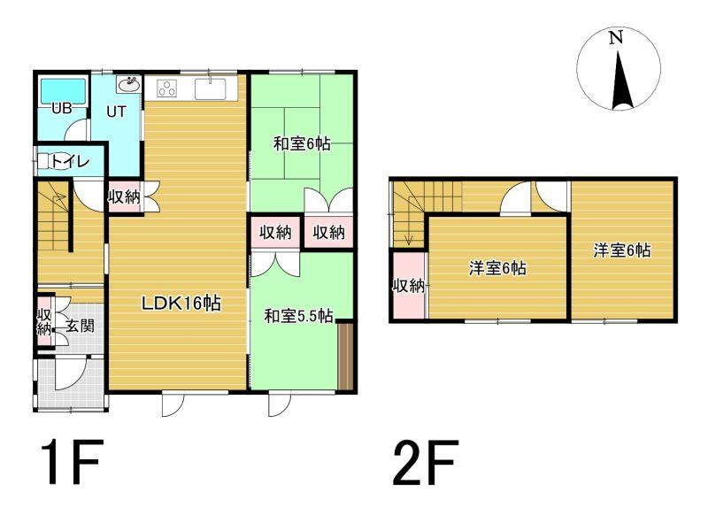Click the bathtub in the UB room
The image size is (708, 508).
(x=64, y=92)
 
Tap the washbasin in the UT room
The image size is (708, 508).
(x=130, y=83)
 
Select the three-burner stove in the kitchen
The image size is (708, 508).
(x=166, y=88)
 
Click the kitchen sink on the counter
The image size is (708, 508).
(x=211, y=89)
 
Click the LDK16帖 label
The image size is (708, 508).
(x=181, y=304)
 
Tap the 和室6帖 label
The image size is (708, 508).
(x=302, y=143)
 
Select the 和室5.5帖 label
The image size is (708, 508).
(x=298, y=316)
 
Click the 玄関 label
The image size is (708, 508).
(x=81, y=325)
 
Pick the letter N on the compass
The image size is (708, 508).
(x=616, y=37)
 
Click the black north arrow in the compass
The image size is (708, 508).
(x=622, y=81)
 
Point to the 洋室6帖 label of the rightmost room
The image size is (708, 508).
(x=622, y=250)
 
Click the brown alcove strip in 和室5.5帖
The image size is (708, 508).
(x=345, y=356)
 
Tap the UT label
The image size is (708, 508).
(x=116, y=112)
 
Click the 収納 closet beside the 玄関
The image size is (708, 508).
(x=44, y=321)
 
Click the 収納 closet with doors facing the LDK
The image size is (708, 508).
(x=123, y=196)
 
